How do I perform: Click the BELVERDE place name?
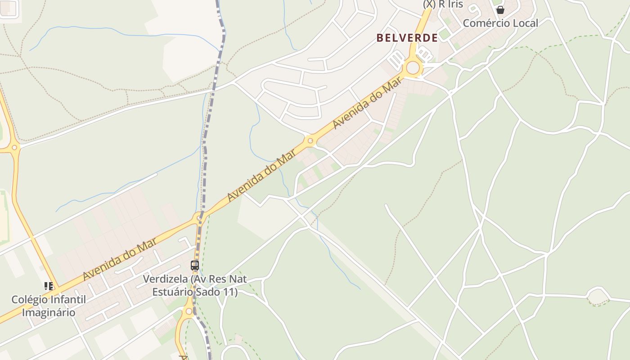(x=407, y=38)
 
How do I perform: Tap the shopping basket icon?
(x=500, y=10)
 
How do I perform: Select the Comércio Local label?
(x=500, y=23)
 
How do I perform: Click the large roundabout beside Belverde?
(x=413, y=68)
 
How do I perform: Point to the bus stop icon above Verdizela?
(x=194, y=265)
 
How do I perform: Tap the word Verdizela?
(x=165, y=279)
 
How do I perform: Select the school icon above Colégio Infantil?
(x=49, y=286)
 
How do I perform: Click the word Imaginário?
(x=49, y=312)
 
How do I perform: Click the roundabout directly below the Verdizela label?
(x=189, y=311)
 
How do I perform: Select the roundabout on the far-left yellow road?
(x=14, y=147)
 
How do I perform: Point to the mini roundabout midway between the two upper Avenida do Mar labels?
(x=310, y=141)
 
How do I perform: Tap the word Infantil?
(x=68, y=300)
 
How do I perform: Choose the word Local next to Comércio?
(x=524, y=23)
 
